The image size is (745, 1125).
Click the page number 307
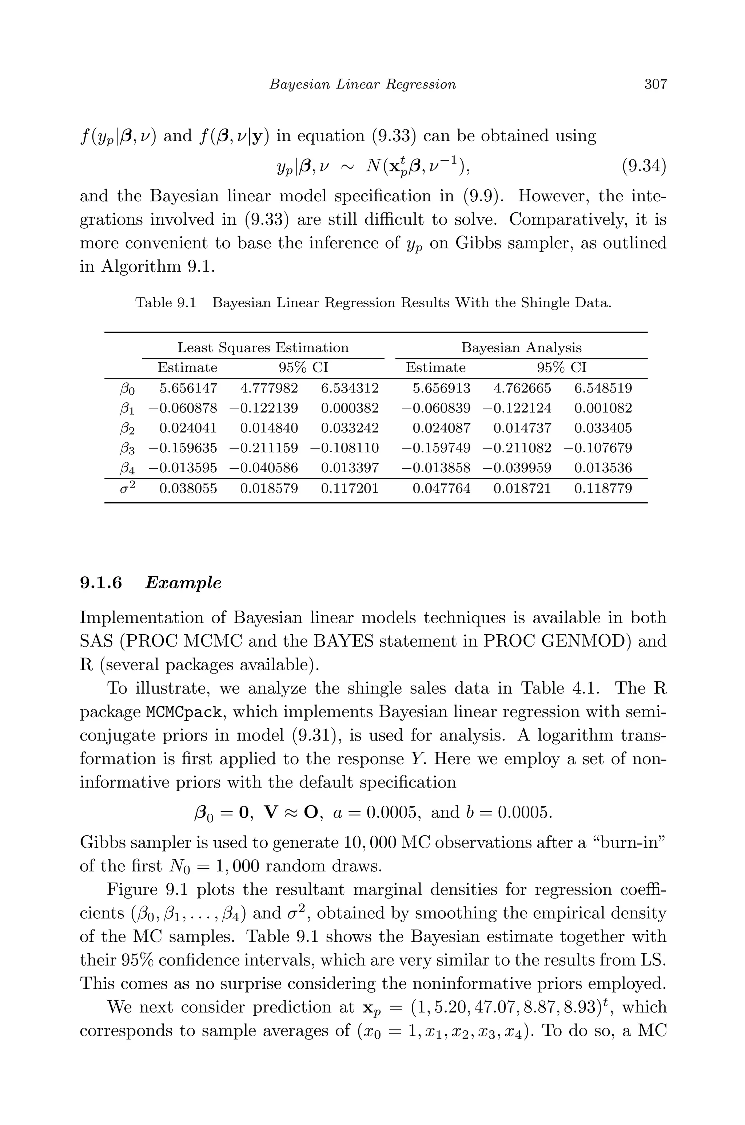pyautogui.click(x=655, y=84)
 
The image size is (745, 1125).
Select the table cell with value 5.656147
pyautogui.click(x=188, y=388)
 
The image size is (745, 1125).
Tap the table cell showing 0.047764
pyautogui.click(x=441, y=488)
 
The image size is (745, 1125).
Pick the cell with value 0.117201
pyautogui.click(x=350, y=488)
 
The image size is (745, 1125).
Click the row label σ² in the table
pyautogui.click(x=127, y=488)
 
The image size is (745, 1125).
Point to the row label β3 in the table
pyautogui.click(x=127, y=449)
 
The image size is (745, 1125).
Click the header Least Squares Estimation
pyautogui.click(x=263, y=348)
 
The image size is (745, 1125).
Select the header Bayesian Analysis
pyautogui.click(x=521, y=348)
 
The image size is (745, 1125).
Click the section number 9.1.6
pyautogui.click(x=101, y=583)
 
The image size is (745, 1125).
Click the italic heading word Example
pyautogui.click(x=183, y=583)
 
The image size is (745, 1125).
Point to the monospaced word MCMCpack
pyautogui.click(x=184, y=712)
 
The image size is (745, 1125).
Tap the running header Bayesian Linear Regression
pyautogui.click(x=363, y=84)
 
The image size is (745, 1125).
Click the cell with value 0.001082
pyautogui.click(x=603, y=408)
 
